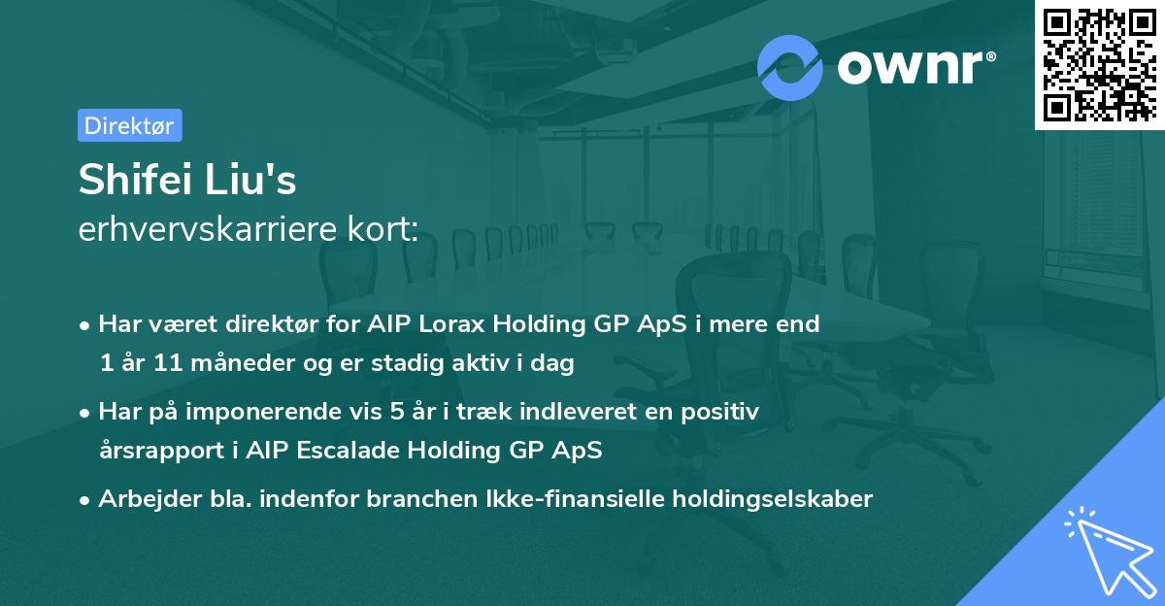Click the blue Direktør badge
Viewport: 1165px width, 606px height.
click(x=130, y=125)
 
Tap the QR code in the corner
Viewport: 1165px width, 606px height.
click(x=1100, y=64)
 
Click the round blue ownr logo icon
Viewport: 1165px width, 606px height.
click(x=789, y=68)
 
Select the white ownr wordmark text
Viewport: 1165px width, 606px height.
click(x=910, y=67)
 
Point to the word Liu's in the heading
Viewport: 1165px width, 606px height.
click(x=250, y=180)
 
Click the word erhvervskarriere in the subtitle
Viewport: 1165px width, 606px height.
click(x=208, y=229)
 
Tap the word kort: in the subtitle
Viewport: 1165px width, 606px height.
click(x=383, y=229)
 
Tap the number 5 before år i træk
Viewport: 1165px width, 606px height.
click(x=397, y=412)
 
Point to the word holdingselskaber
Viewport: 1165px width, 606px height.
click(x=773, y=499)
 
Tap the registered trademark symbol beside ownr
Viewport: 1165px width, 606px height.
click(x=990, y=56)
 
